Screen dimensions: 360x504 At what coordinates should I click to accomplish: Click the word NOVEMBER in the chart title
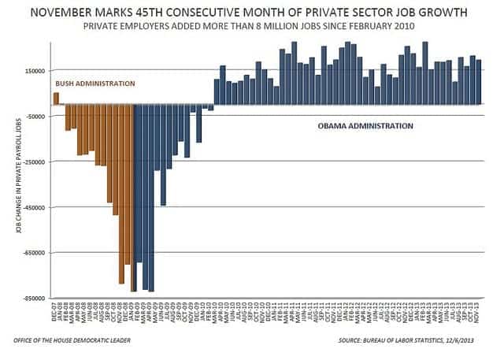point(81,12)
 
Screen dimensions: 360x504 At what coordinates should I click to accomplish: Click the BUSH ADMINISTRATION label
point(94,84)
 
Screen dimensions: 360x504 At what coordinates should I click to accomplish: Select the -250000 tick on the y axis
point(32,162)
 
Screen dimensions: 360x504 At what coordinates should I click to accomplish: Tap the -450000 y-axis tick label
point(32,208)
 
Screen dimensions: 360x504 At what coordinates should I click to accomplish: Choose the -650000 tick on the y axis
point(32,253)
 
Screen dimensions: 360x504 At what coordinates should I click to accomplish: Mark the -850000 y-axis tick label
point(32,299)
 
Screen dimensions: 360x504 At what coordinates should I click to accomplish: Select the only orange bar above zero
point(56,98)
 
